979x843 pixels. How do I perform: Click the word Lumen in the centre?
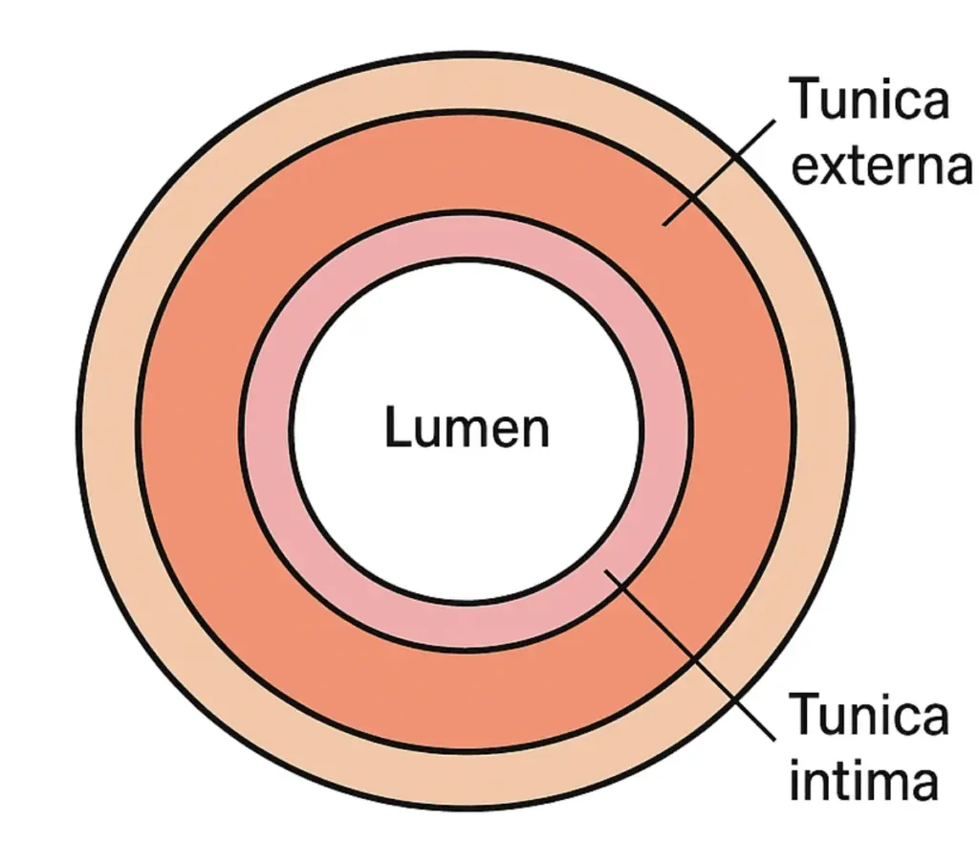point(467,428)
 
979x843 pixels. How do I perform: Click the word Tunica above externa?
point(868,100)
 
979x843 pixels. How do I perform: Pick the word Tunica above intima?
point(868,716)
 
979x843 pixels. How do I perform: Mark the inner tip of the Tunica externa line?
point(665,224)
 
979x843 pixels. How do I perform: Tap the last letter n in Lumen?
point(536,431)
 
